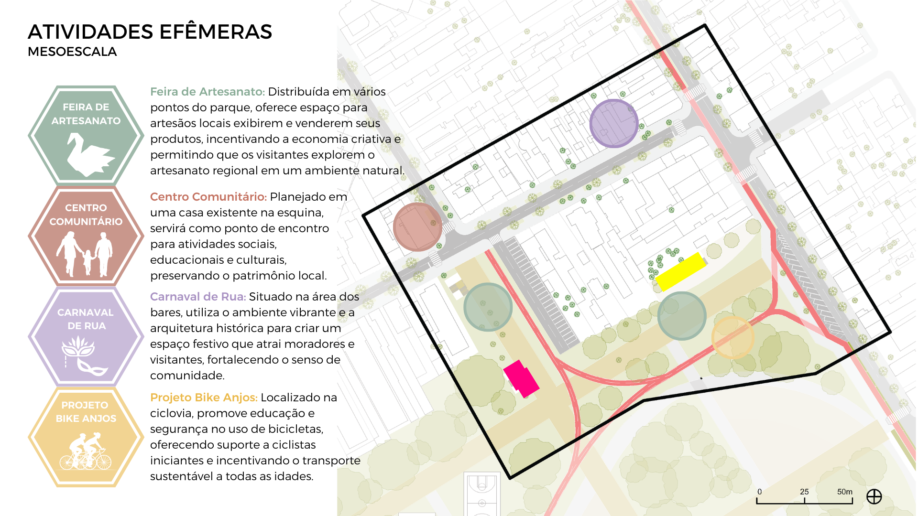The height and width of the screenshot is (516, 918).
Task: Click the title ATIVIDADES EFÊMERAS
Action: [150, 32]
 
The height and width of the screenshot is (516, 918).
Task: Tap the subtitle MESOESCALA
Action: [72, 52]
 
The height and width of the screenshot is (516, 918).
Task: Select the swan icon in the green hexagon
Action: [88, 154]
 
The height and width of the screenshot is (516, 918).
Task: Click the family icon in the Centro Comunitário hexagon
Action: [85, 254]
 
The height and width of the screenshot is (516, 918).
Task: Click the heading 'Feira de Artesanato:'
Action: [207, 92]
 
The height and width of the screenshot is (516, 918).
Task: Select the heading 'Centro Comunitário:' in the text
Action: [208, 197]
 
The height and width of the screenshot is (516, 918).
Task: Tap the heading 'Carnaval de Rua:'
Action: [198, 297]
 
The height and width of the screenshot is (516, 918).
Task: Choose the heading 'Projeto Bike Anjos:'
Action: [204, 398]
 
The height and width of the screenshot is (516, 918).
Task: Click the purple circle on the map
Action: [613, 123]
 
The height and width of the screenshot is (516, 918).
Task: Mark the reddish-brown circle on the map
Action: [417, 227]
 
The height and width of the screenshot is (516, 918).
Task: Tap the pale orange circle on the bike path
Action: [732, 337]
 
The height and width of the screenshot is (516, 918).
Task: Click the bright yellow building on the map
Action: [680, 271]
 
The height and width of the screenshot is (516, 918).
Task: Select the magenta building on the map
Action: [521, 378]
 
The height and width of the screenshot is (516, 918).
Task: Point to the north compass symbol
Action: [874, 497]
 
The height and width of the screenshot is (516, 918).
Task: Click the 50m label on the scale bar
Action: [844, 492]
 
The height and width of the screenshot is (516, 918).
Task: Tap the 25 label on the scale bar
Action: [804, 492]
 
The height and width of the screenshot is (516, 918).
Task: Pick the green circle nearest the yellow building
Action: [681, 316]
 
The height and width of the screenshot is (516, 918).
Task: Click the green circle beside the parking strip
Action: [488, 307]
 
